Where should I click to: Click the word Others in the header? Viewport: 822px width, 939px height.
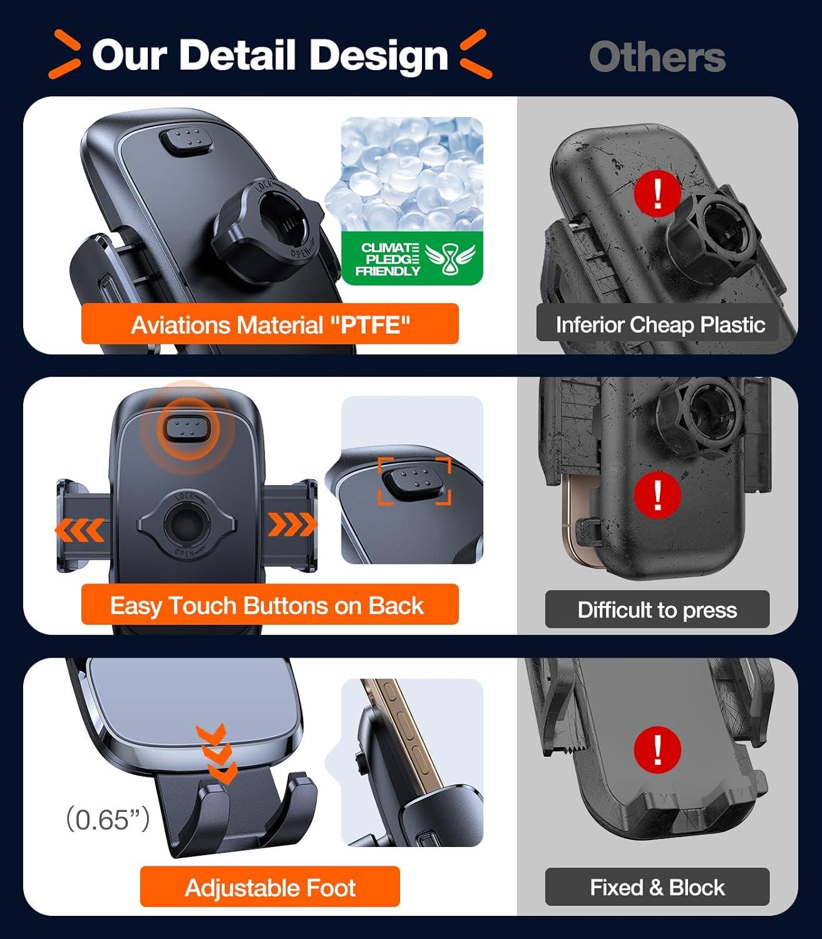click(657, 57)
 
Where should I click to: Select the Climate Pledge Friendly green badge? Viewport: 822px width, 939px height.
click(412, 259)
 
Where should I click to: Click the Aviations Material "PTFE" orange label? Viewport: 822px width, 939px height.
click(270, 324)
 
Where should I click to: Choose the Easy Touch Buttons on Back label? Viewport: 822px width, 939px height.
click(270, 605)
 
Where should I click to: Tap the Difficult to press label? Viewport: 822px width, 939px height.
click(657, 610)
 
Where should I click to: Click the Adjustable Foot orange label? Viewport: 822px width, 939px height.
click(270, 888)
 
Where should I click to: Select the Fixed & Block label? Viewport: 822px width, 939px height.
click(657, 888)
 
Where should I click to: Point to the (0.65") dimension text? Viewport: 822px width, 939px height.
click(108, 819)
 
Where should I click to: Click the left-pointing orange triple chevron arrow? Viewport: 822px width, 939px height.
click(80, 531)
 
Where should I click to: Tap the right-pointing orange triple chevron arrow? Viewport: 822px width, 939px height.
click(292, 524)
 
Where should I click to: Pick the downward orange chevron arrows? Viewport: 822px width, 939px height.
click(217, 754)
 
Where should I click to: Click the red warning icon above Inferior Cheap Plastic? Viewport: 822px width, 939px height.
click(657, 193)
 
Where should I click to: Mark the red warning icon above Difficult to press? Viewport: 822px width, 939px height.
click(657, 496)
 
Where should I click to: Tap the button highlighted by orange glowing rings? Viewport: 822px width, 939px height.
click(188, 428)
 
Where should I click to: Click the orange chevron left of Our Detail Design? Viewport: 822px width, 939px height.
click(65, 54)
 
